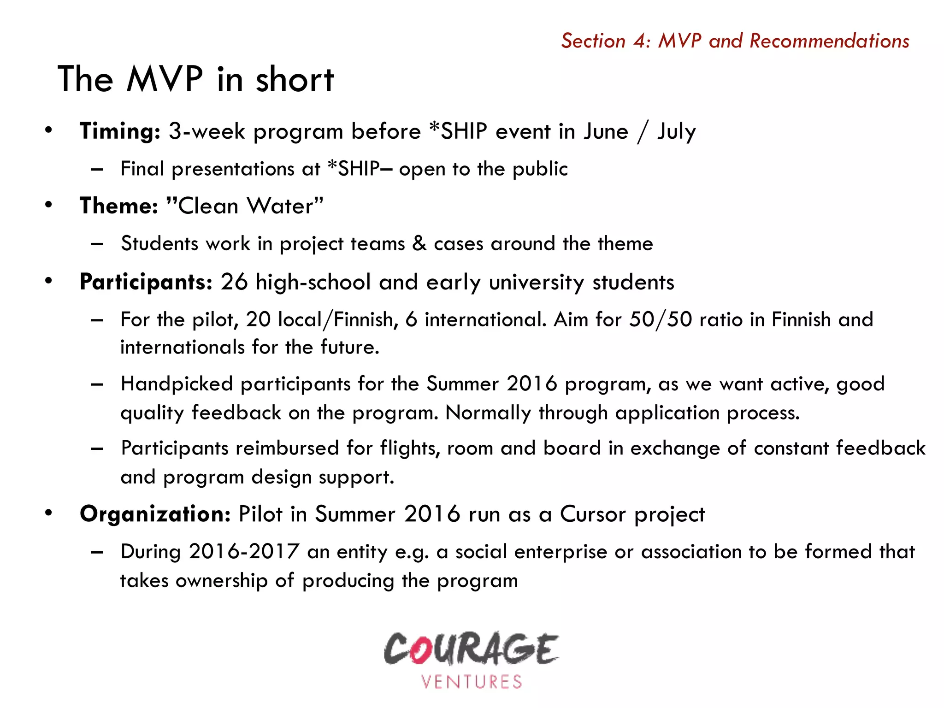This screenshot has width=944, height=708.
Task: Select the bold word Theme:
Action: click(119, 206)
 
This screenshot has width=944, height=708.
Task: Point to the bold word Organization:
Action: click(155, 514)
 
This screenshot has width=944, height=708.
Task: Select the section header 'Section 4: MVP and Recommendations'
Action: click(735, 41)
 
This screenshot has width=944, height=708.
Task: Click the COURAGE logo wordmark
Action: click(471, 649)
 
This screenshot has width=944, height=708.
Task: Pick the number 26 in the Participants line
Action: click(234, 282)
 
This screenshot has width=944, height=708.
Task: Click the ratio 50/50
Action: click(661, 319)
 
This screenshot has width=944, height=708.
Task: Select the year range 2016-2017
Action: click(244, 552)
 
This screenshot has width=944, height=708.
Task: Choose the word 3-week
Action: click(207, 131)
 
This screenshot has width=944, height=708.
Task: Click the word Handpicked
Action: click(177, 384)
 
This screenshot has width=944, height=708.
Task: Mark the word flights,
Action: click(410, 448)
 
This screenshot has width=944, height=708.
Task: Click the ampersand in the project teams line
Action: click(419, 243)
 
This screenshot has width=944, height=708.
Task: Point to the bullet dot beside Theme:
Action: click(49, 205)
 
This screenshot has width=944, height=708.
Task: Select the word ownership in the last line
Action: click(221, 581)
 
